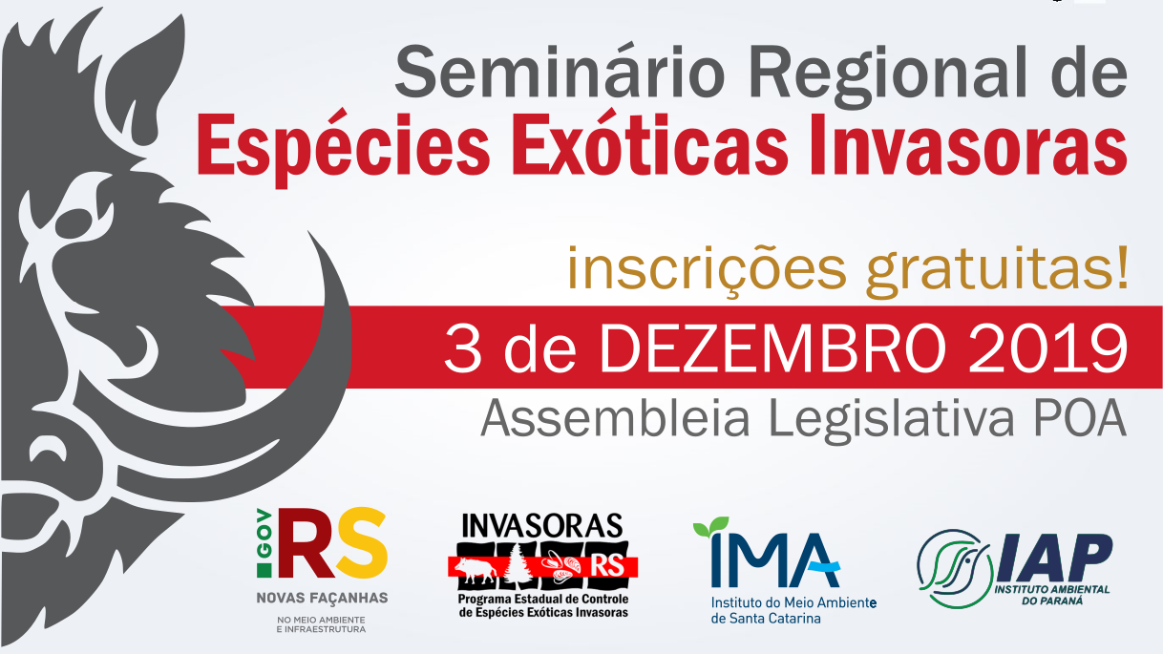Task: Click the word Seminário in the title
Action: [x=560, y=73]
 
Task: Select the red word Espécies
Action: [x=343, y=147]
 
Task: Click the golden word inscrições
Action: [x=708, y=270]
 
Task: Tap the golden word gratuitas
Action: [x=998, y=270]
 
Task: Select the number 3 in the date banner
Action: [x=463, y=348]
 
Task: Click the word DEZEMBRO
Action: [x=772, y=348]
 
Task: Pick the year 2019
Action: [x=1047, y=348]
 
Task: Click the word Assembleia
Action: [x=615, y=418]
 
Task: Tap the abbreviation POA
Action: [x=1079, y=418]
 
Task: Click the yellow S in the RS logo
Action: [x=360, y=543]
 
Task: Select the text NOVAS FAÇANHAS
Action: [x=322, y=598]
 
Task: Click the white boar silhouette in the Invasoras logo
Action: [x=476, y=568]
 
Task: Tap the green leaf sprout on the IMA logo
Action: [x=711, y=526]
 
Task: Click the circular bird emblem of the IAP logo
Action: [x=954, y=568]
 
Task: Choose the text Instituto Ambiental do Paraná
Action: [x=1052, y=595]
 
